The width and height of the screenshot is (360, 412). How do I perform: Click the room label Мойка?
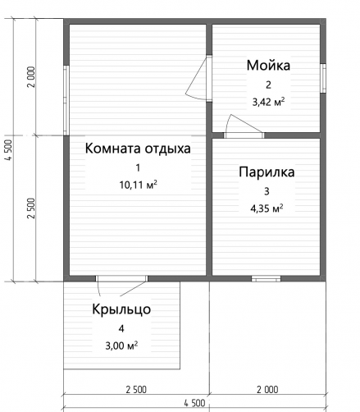click(x=268, y=66)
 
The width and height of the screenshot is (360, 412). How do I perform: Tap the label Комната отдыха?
click(x=138, y=149)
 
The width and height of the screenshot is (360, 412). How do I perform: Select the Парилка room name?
click(x=267, y=172)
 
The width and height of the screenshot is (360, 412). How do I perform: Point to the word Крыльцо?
click(x=121, y=309)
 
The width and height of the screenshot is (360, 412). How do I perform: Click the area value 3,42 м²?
click(x=268, y=102)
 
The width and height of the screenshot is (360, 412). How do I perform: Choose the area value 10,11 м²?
click(x=138, y=185)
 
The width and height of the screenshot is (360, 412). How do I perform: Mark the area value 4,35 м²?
click(x=267, y=208)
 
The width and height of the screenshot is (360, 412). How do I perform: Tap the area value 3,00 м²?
click(x=121, y=346)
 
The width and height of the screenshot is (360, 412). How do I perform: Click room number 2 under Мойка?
click(x=268, y=85)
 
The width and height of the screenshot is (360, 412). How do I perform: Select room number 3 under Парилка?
click(x=267, y=191)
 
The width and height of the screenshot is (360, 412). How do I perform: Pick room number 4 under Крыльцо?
click(x=121, y=328)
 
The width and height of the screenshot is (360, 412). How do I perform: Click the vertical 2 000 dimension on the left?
click(x=31, y=77)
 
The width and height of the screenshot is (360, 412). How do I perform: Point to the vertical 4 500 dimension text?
click(x=9, y=150)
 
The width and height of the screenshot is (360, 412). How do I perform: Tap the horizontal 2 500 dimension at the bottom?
click(x=136, y=390)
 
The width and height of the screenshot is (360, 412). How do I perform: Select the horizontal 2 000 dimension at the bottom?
click(x=267, y=390)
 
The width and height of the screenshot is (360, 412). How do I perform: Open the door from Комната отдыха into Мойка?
click(x=198, y=79)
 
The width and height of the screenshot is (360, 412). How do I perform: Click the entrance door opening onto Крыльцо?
click(x=121, y=285)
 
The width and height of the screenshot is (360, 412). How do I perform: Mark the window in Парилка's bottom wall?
click(x=266, y=279)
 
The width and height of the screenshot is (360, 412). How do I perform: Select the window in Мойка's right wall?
click(x=323, y=78)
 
